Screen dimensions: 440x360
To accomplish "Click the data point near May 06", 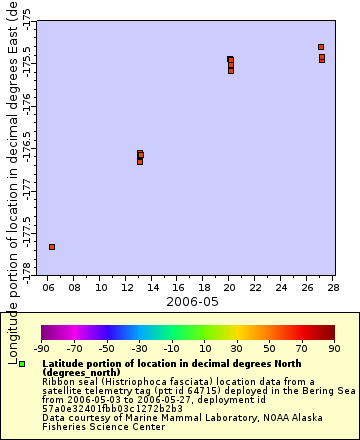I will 52,246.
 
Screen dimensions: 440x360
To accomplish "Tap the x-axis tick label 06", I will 48,287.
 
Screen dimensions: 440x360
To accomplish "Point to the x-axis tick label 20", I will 230,287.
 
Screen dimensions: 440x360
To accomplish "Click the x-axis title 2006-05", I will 191,301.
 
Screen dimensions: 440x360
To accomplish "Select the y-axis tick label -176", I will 25,97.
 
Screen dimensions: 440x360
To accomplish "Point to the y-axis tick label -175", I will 25,14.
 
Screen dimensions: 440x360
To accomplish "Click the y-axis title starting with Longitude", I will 11,180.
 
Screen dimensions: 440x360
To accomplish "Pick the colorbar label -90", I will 41,348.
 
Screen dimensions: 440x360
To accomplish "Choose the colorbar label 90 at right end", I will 334,348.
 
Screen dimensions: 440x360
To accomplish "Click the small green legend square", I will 22,364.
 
